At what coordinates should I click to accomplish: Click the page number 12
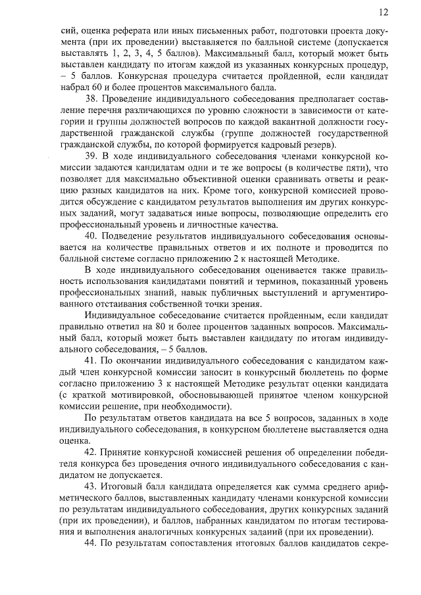[384, 12]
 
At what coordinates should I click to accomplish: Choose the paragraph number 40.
[93, 237]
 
